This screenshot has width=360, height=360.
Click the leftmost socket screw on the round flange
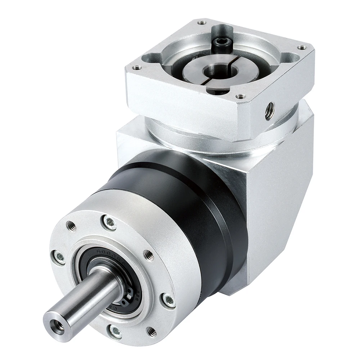tap(59, 257)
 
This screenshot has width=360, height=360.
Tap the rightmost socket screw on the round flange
tap(168, 299)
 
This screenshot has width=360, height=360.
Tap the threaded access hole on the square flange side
tap(269, 111)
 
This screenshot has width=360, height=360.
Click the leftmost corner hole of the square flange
tap(136, 67)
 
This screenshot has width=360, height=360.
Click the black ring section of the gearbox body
tap(187, 194)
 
